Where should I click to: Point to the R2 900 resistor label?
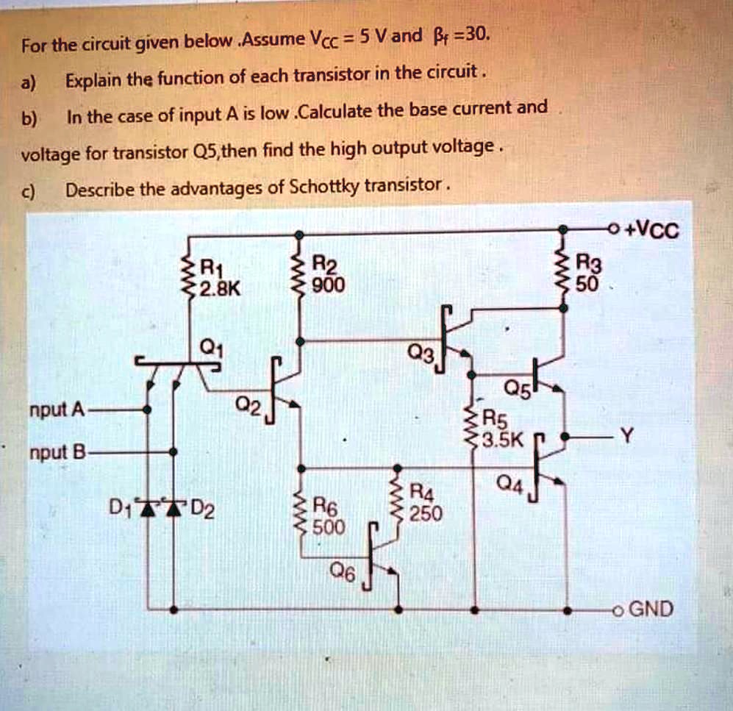point(326,275)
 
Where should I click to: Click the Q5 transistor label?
point(515,390)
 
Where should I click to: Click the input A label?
point(55,410)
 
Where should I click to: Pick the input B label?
point(55,453)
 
